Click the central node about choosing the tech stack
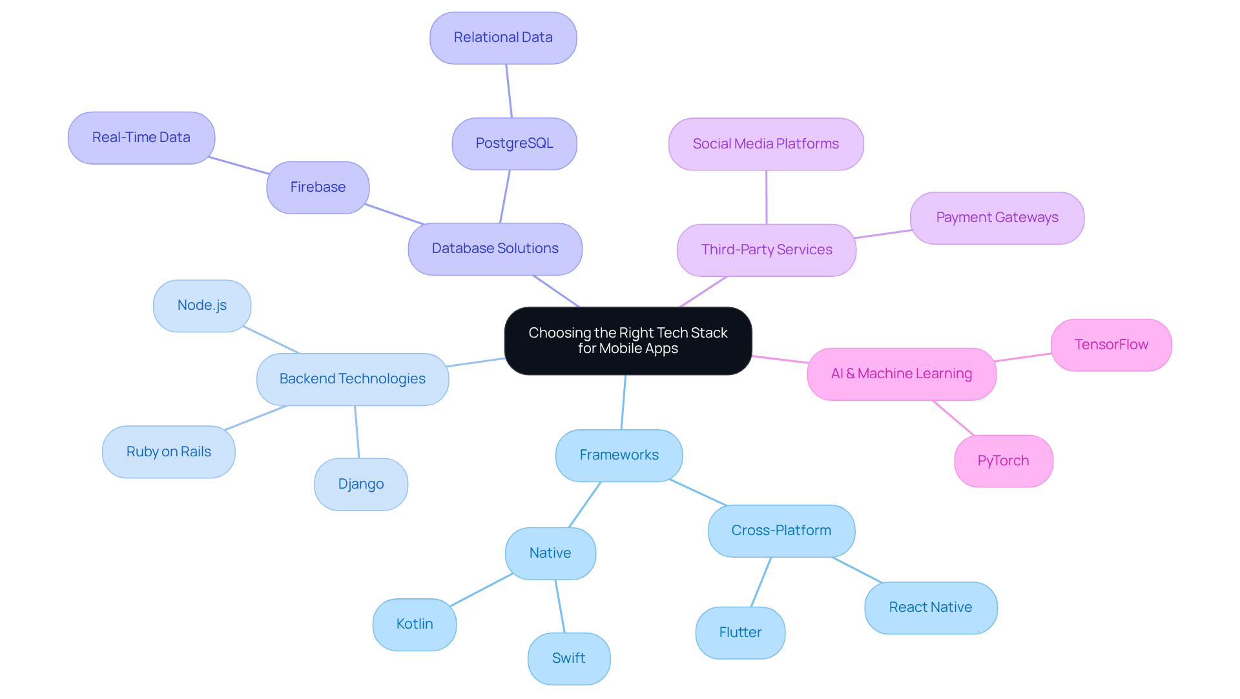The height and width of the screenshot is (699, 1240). pos(628,341)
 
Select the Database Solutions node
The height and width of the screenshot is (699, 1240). pos(495,249)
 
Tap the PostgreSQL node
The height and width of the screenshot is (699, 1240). pos(514,143)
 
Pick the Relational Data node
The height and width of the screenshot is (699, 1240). pos(502,38)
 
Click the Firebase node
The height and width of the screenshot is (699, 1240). pos(318,187)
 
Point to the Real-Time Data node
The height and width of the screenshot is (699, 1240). pos(141,137)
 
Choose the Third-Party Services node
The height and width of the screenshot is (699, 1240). pos(766,250)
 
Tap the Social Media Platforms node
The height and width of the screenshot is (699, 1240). pos(765,144)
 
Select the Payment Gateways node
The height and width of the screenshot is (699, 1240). pos(997,218)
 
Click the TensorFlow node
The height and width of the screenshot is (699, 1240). pos(1111,345)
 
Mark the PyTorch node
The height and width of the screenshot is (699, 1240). pos(1003,461)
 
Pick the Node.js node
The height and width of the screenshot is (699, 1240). pos(201,305)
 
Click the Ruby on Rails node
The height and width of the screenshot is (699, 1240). pos(169,452)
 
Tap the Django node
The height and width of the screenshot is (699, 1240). pos(360,484)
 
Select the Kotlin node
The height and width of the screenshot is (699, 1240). pos(414,624)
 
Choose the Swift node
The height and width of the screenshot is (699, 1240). pos(568,658)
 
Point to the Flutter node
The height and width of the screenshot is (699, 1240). pos(740,633)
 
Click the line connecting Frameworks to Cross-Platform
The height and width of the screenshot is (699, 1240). pos(698,492)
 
